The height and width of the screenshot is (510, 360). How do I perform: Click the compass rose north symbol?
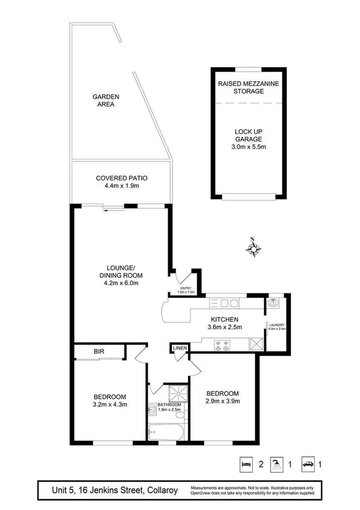(254, 248)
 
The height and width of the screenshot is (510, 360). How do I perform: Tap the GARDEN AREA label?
(105, 100)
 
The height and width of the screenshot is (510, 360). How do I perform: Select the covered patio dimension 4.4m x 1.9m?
(121, 186)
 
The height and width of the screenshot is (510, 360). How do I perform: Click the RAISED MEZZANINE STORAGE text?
(249, 87)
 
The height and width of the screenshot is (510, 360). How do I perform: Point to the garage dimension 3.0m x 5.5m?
(249, 147)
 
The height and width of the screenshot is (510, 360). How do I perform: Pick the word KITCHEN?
(225, 319)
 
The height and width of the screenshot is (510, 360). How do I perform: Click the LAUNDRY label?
(276, 325)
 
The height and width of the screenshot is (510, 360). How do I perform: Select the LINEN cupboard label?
(180, 348)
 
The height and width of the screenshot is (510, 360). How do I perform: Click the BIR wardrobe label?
(99, 352)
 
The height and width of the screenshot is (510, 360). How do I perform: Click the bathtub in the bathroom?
(168, 431)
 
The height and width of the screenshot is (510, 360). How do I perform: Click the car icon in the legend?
(308, 463)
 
